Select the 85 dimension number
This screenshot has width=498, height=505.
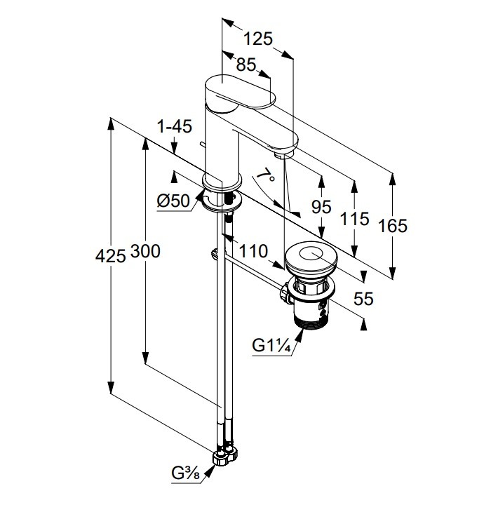point(245,66)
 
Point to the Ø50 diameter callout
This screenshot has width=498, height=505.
point(172,201)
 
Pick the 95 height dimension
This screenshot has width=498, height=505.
point(320,208)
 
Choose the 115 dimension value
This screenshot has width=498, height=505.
point(355,219)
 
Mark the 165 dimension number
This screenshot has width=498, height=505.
point(393,226)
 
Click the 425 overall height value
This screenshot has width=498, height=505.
point(110,255)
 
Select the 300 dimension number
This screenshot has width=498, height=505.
point(145,252)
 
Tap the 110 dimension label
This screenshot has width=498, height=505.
point(252,251)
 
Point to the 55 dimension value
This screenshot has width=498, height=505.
point(364,299)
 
